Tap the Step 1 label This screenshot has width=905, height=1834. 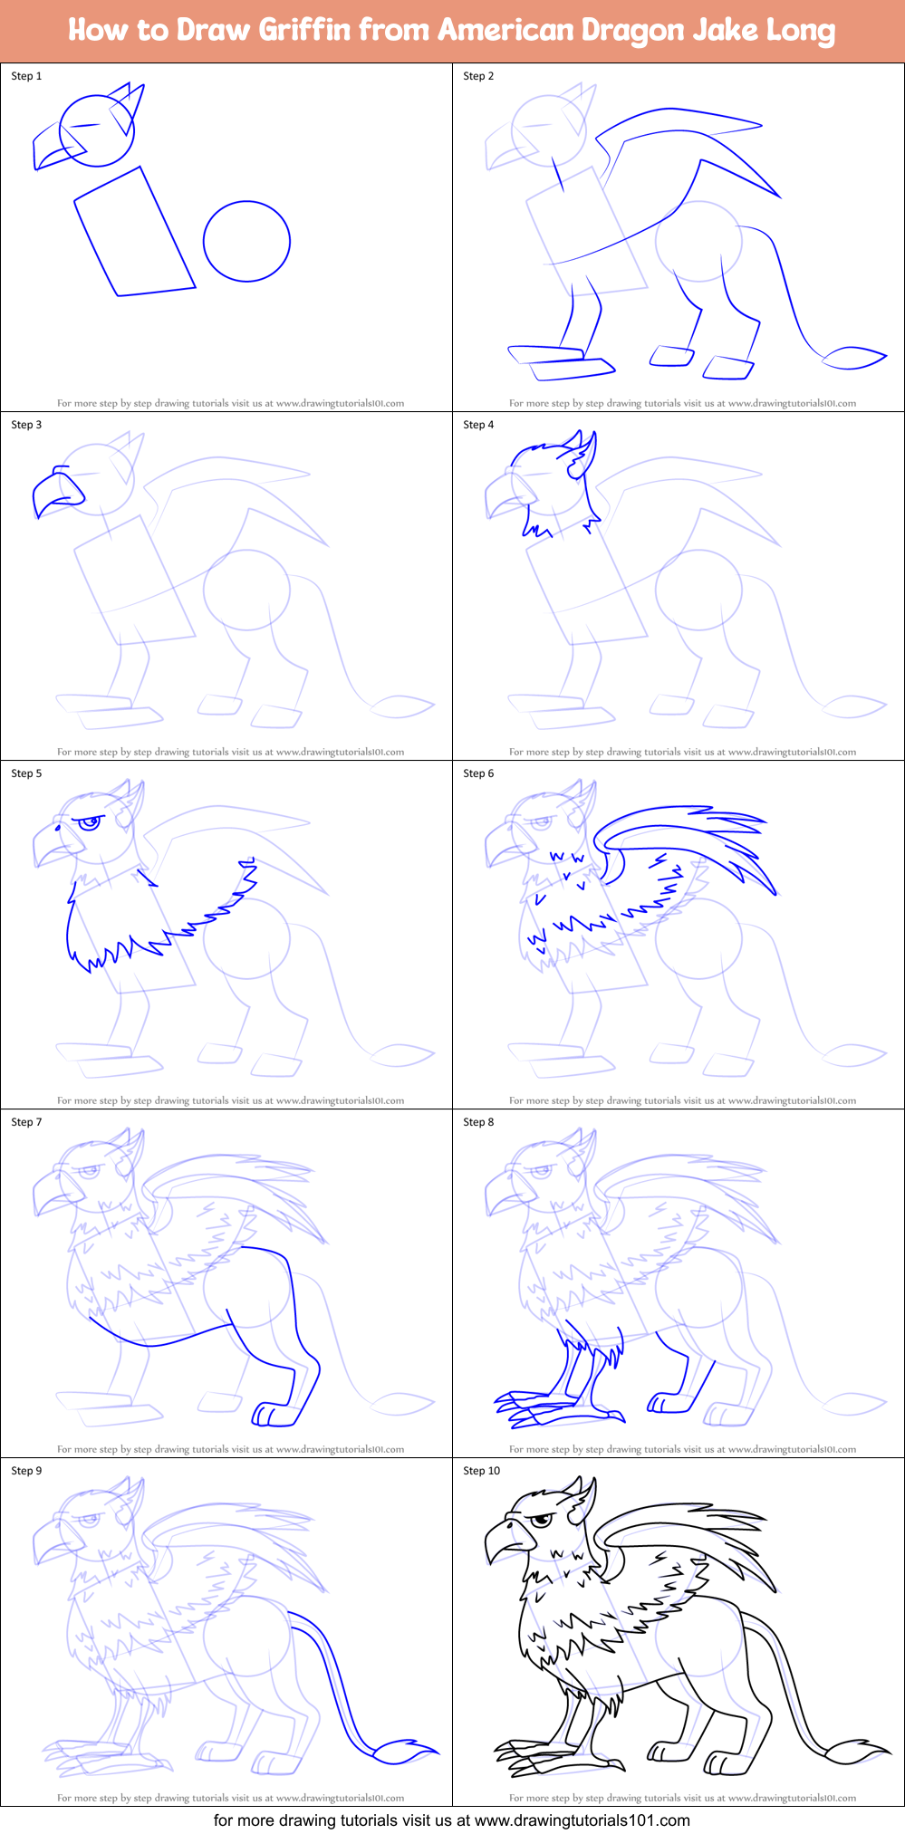pyautogui.click(x=26, y=76)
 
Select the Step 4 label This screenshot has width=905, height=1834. pyautogui.click(x=478, y=425)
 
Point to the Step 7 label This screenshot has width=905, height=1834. pyautogui.click(x=26, y=1122)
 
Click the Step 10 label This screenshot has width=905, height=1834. pyautogui.click(x=481, y=1471)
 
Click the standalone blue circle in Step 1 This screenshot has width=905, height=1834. pyautogui.click(x=246, y=241)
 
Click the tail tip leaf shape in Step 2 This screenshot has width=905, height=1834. pyautogui.click(x=853, y=359)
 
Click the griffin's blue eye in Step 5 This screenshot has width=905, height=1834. pyautogui.click(x=88, y=823)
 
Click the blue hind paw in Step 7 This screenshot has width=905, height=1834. pyautogui.click(x=269, y=1414)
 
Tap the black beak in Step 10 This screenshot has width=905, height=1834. pyautogui.click(x=502, y=1540)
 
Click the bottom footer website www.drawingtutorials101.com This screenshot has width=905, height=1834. pyautogui.click(x=582, y=1820)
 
